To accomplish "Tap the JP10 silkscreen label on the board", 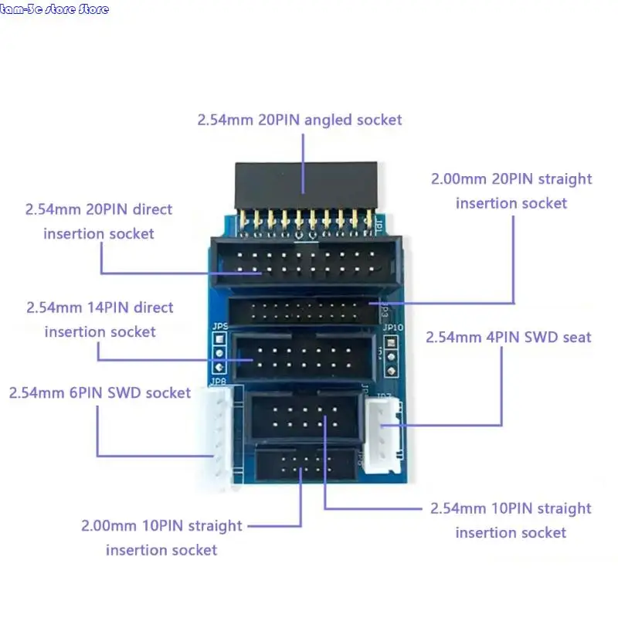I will coord(393,327).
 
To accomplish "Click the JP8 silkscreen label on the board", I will coord(218,381).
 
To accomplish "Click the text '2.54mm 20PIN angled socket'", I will coord(300,120).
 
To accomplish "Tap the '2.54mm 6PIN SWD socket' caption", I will coord(100,392).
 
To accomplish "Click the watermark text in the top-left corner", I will coord(55,9).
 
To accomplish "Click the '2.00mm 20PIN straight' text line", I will coord(511,178).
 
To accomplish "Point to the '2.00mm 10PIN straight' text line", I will coord(161,525).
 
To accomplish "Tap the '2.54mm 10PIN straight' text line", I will coord(511,508).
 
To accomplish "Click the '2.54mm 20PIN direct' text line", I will coord(99,209).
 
